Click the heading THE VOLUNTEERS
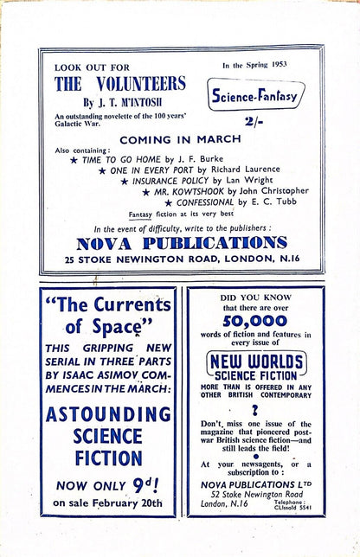coord(119,84)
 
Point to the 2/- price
coord(257,122)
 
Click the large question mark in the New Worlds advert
coord(254,412)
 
